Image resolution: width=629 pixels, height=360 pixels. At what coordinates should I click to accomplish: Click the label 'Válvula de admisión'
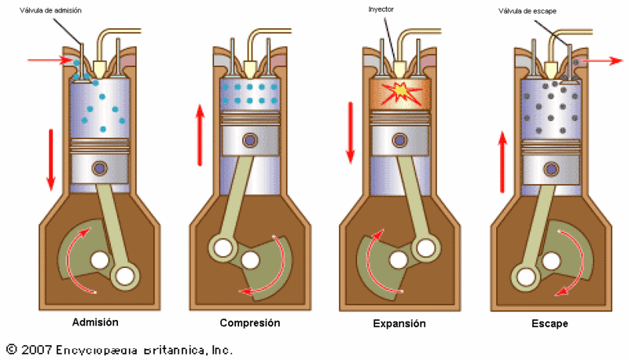point(50,10)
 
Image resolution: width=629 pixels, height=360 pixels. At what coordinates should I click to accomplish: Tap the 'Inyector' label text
point(381,9)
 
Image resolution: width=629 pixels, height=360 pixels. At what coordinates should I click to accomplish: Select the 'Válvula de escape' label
point(527,11)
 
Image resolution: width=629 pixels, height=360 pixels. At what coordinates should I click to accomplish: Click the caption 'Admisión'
point(95,322)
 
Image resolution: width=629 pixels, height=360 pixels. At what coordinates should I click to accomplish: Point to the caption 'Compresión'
point(250,323)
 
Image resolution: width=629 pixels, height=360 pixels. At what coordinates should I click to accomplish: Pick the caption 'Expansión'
point(399,324)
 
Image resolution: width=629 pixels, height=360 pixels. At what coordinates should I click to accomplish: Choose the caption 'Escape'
point(550,324)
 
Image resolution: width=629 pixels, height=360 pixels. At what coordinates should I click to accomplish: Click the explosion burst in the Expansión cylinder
point(400,93)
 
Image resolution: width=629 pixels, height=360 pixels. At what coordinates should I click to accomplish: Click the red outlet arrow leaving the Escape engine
point(601,61)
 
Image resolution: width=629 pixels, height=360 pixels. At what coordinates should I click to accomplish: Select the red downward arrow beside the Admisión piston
point(51,160)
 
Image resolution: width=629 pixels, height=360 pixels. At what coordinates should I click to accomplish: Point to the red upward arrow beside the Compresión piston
point(200,134)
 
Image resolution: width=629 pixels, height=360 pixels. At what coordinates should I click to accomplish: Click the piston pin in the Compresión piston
point(250,141)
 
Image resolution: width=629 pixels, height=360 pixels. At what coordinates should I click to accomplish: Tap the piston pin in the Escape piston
point(551,169)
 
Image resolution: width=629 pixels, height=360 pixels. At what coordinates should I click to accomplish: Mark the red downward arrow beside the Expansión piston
point(350,133)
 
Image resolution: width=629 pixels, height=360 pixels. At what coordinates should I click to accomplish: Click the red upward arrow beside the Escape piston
point(502,162)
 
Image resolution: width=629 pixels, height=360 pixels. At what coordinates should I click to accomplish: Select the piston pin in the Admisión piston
point(100,167)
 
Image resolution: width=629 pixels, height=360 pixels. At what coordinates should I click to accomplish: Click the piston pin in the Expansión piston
point(399,141)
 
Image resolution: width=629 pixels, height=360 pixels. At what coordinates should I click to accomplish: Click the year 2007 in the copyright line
point(36,350)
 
